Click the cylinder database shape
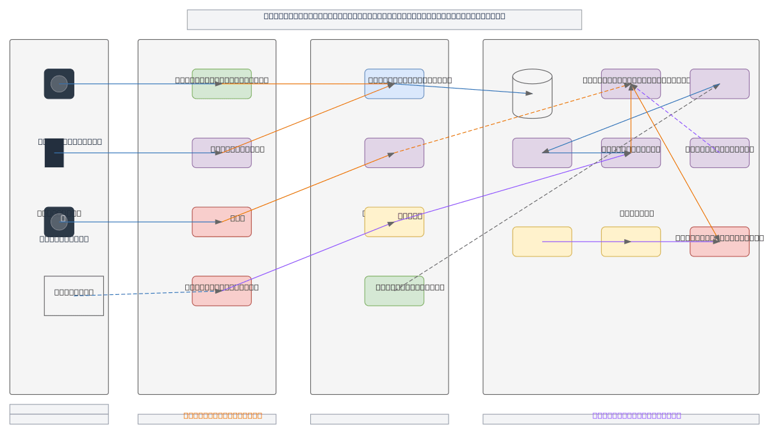pos(532,94)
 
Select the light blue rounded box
pos(394,84)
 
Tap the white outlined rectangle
pos(74,296)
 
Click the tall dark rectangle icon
pos(54,153)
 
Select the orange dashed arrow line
pos(513,119)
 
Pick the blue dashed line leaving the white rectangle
pos(147,293)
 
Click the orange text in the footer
pos(222,415)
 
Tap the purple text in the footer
pos(636,415)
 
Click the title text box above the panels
pos(384,19)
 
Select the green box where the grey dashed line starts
pos(394,291)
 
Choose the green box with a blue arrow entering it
pos(222,84)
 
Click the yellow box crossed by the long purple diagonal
pos(394,222)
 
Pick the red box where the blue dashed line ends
pos(222,291)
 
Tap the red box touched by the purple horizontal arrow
pos(720,242)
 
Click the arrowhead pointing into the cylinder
pos(529,94)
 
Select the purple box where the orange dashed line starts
pos(394,153)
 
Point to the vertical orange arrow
pos(631,119)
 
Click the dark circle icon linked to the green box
pos(59,84)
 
